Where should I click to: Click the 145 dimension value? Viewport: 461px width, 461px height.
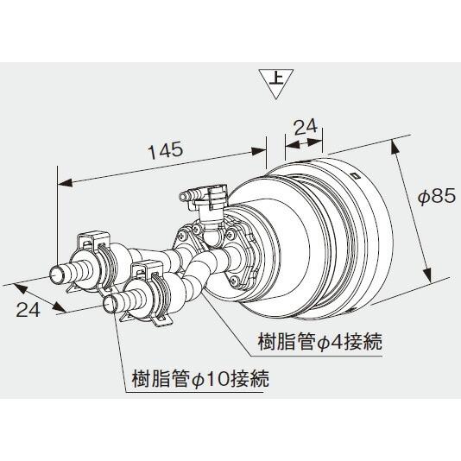tap(164, 149)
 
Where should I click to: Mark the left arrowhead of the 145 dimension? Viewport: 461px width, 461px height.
tap(61, 182)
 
